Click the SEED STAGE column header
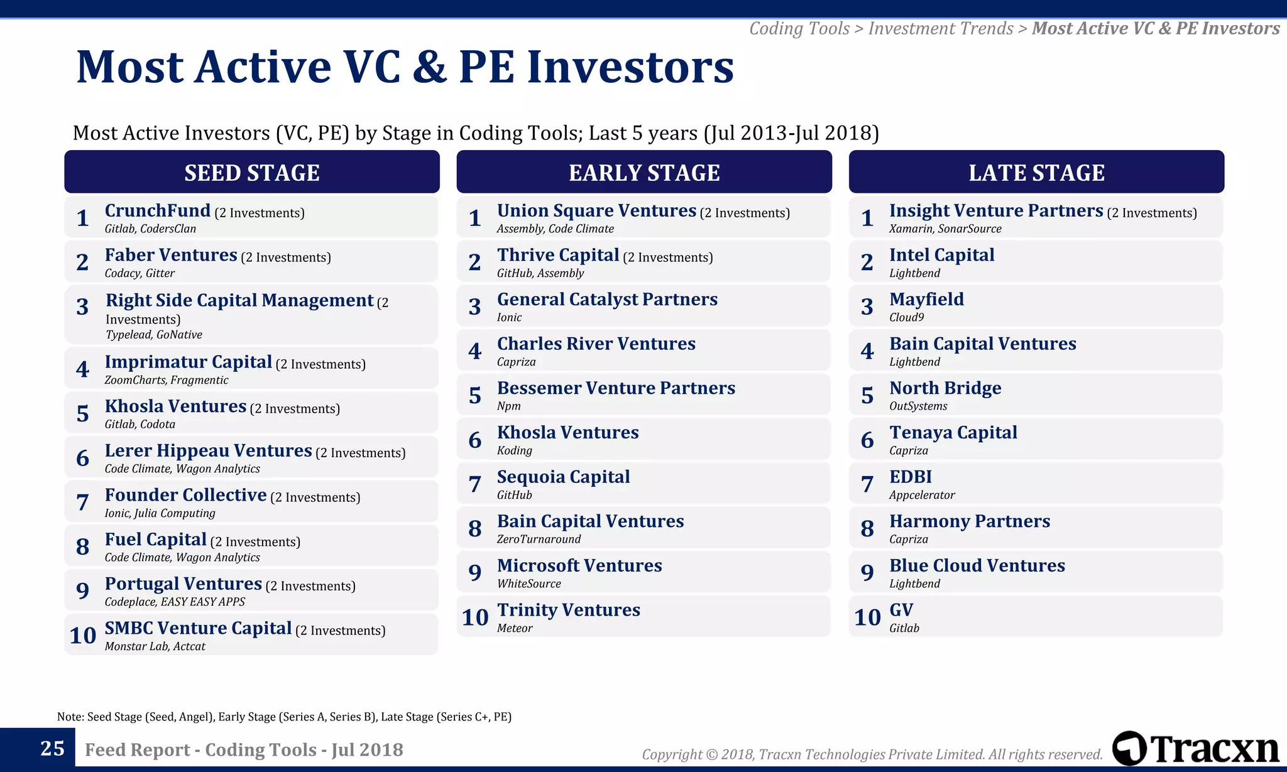pyautogui.click(x=251, y=172)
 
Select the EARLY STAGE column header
pyautogui.click(x=643, y=172)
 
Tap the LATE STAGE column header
pyautogui.click(x=1036, y=172)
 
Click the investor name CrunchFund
pyautogui.click(x=157, y=210)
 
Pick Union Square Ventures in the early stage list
pyautogui.click(x=596, y=210)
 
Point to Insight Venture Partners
pyautogui.click(x=995, y=210)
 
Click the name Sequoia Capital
pyautogui.click(x=563, y=477)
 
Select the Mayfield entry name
pyautogui.click(x=926, y=299)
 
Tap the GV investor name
pyautogui.click(x=901, y=610)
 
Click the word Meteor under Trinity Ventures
pyautogui.click(x=514, y=628)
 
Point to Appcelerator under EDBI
pyautogui.click(x=921, y=495)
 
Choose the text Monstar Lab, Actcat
pyautogui.click(x=155, y=646)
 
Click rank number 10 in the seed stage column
pyautogui.click(x=82, y=635)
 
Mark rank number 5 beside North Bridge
pyautogui.click(x=867, y=395)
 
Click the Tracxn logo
pyautogui.click(x=1195, y=748)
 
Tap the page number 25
pyautogui.click(x=52, y=748)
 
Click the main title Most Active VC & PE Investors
pyautogui.click(x=405, y=67)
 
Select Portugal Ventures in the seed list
pyautogui.click(x=183, y=584)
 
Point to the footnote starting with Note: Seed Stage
pyautogui.click(x=284, y=717)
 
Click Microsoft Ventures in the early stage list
pyautogui.click(x=579, y=565)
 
